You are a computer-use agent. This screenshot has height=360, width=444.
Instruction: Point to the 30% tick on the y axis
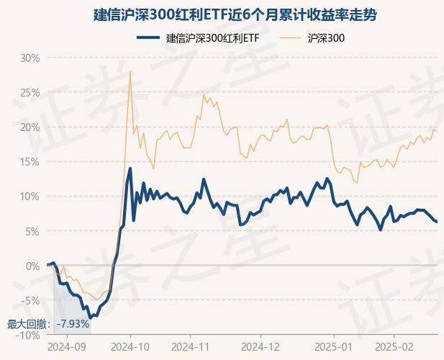pos(29,58)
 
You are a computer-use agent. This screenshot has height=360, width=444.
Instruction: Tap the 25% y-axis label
pos(29,92)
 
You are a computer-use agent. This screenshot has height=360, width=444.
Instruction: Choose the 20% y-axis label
pos(29,127)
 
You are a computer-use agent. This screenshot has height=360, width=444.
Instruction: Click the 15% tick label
pos(29,161)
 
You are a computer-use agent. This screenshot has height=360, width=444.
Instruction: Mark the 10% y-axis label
pos(29,196)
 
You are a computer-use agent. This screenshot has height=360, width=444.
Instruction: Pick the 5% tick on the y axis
pos(32,231)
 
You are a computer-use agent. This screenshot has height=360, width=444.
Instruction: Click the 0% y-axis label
pos(32,266)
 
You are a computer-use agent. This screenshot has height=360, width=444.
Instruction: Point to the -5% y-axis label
pos(30,300)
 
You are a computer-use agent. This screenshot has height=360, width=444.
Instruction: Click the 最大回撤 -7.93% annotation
pos(48,324)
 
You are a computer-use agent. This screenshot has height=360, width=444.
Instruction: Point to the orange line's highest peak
pos(130,71)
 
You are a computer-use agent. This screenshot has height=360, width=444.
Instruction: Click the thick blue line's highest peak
pos(130,168)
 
